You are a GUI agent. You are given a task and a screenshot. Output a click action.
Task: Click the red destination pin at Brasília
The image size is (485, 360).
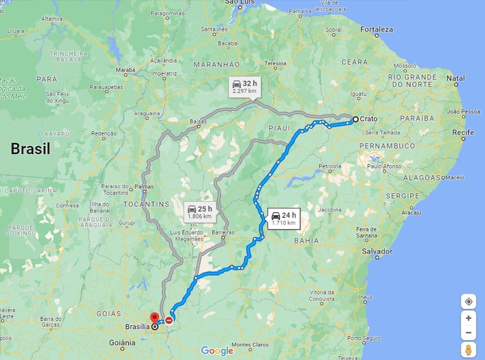click(154, 317)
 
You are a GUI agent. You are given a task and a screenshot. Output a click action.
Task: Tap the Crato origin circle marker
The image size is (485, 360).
click(355, 119)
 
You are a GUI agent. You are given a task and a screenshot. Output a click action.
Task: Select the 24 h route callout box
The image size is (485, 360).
click(284, 218)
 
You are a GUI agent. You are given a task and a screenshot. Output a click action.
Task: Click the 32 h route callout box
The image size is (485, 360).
click(245, 87)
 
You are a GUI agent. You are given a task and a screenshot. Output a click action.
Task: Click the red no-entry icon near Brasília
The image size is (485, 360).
click(169, 321)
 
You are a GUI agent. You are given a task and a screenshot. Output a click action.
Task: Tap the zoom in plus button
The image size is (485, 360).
click(468, 318)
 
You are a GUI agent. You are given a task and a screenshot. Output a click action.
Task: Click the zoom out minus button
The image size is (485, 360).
click(468, 332)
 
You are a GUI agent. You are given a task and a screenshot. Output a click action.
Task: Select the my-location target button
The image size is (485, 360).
click(468, 301)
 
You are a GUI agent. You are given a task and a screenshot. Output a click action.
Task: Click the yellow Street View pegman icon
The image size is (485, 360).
click(468, 350)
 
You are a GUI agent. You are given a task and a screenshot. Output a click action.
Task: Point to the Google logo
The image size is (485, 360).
click(217, 351)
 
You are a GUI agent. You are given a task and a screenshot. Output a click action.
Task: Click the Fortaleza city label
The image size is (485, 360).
click(377, 30)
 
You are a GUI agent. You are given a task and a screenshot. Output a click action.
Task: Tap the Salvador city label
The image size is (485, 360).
click(377, 251)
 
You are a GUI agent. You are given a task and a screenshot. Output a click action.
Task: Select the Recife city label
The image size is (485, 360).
click(463, 132)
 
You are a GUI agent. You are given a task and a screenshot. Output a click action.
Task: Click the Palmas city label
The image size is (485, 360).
click(144, 187)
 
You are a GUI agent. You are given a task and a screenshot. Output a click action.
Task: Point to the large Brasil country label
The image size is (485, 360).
click(31, 149)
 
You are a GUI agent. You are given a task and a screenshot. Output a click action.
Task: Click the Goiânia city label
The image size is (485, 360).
click(122, 342)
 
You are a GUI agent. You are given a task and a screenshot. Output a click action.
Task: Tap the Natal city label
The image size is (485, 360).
click(455, 78)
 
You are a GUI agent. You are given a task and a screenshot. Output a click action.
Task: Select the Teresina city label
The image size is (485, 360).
click(275, 64)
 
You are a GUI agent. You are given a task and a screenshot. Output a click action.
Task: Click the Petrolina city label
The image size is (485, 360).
click(330, 166)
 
